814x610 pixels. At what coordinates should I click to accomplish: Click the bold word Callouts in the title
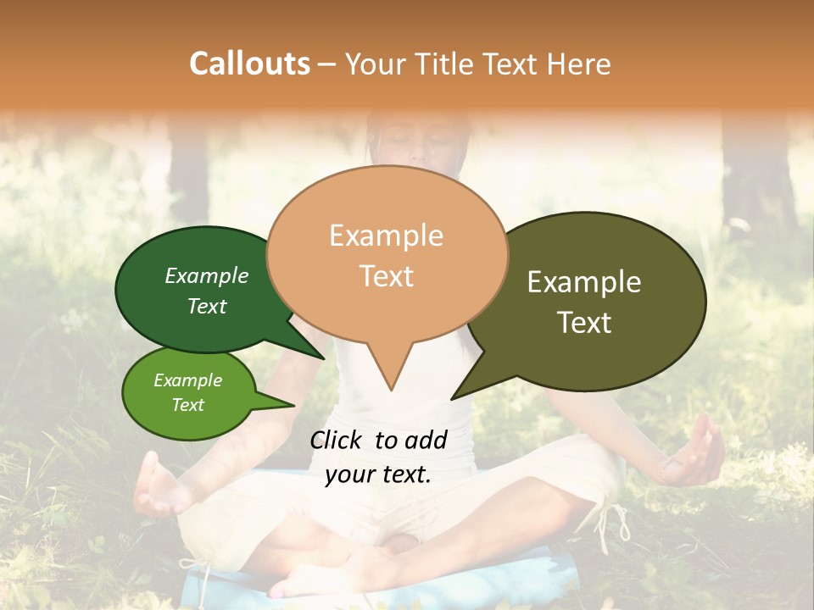coord(249,64)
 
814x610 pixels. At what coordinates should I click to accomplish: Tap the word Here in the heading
coord(577,64)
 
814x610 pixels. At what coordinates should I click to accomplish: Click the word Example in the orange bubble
coord(386,236)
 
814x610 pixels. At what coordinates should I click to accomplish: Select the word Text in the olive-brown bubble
coord(585,323)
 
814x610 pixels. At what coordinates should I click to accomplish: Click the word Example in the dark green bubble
coord(207,275)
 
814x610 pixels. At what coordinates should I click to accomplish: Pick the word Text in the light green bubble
coord(187,405)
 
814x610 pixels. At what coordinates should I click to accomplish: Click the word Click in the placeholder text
coord(337,440)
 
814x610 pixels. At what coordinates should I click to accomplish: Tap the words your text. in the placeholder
coord(378,475)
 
